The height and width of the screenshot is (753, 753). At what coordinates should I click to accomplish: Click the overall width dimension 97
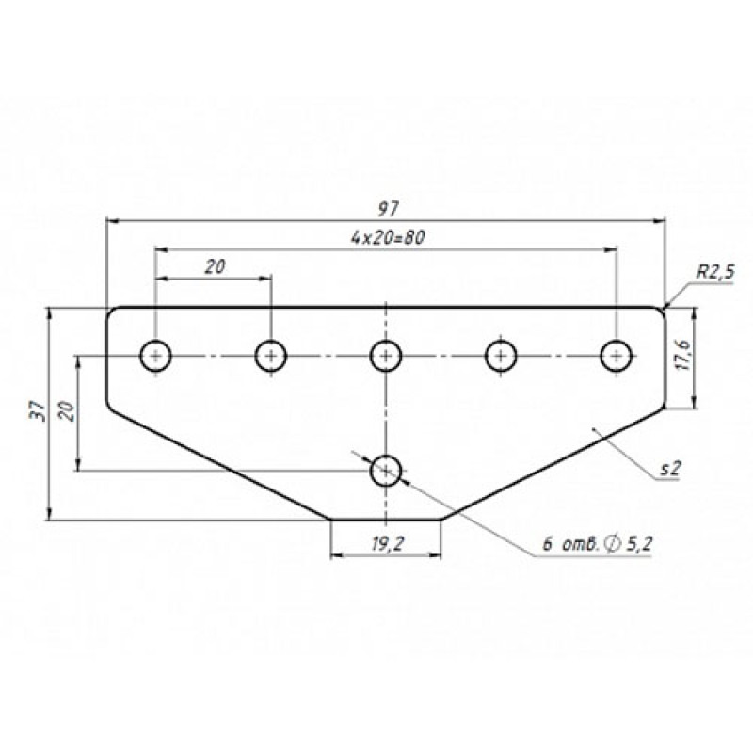click(x=388, y=209)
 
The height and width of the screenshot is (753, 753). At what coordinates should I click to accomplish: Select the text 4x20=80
click(x=388, y=238)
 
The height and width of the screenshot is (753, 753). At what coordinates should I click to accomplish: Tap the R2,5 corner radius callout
click(x=715, y=272)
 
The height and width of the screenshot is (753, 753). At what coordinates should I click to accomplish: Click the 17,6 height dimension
click(x=683, y=355)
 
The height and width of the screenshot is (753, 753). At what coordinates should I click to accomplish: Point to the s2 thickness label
click(x=670, y=468)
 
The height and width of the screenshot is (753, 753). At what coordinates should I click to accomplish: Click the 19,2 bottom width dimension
click(x=388, y=543)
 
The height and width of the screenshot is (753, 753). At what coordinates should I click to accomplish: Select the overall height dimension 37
click(x=37, y=411)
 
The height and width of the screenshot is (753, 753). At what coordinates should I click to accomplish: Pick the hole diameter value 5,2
click(x=639, y=544)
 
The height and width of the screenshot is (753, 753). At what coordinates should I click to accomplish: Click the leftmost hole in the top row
click(x=155, y=356)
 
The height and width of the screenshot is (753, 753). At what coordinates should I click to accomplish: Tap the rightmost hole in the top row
click(x=617, y=356)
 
